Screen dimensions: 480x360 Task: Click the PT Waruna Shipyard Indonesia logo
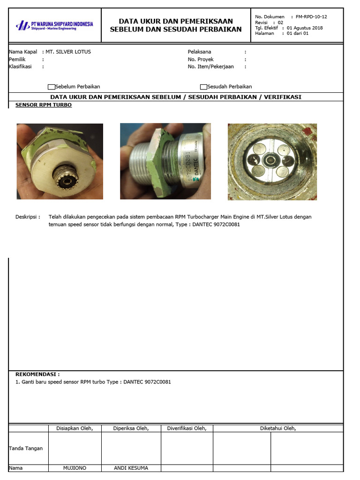pyautogui.click(x=54, y=25)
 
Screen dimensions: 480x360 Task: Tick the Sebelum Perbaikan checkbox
pyautogui.click(x=52, y=87)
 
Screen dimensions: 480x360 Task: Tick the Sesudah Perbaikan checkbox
pyautogui.click(x=203, y=87)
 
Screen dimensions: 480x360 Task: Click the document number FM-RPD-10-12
pyautogui.click(x=311, y=17)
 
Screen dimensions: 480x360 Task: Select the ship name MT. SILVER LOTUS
pyautogui.click(x=68, y=52)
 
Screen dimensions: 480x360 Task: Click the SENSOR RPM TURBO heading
pyautogui.click(x=44, y=105)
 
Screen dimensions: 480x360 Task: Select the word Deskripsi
pyautogui.click(x=28, y=217)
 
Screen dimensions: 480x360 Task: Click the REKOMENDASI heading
pyautogui.click(x=37, y=375)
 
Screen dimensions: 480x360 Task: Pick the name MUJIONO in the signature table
pyautogui.click(x=75, y=468)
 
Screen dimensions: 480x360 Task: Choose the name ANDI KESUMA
pyautogui.click(x=131, y=468)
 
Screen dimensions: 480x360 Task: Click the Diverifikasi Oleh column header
pyautogui.click(x=187, y=428)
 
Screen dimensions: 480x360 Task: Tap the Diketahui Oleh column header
pyautogui.click(x=278, y=428)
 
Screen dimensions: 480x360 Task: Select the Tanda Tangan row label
pyautogui.click(x=26, y=448)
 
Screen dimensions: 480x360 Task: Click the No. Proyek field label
pyautogui.click(x=201, y=60)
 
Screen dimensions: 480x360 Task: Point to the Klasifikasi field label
pyautogui.click(x=20, y=67)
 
